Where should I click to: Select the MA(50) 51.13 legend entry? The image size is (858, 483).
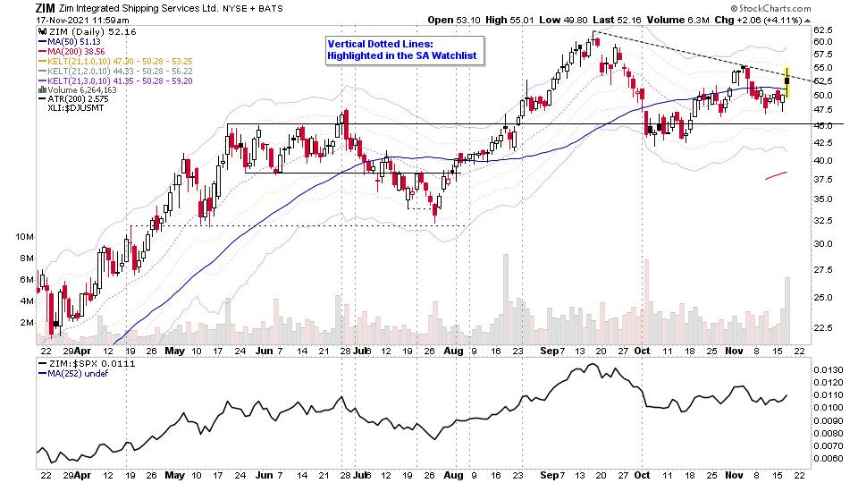pyautogui.click(x=63, y=40)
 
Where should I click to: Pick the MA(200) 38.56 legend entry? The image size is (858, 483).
pyautogui.click(x=65, y=52)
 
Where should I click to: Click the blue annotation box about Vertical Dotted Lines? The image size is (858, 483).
pyautogui.click(x=404, y=49)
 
